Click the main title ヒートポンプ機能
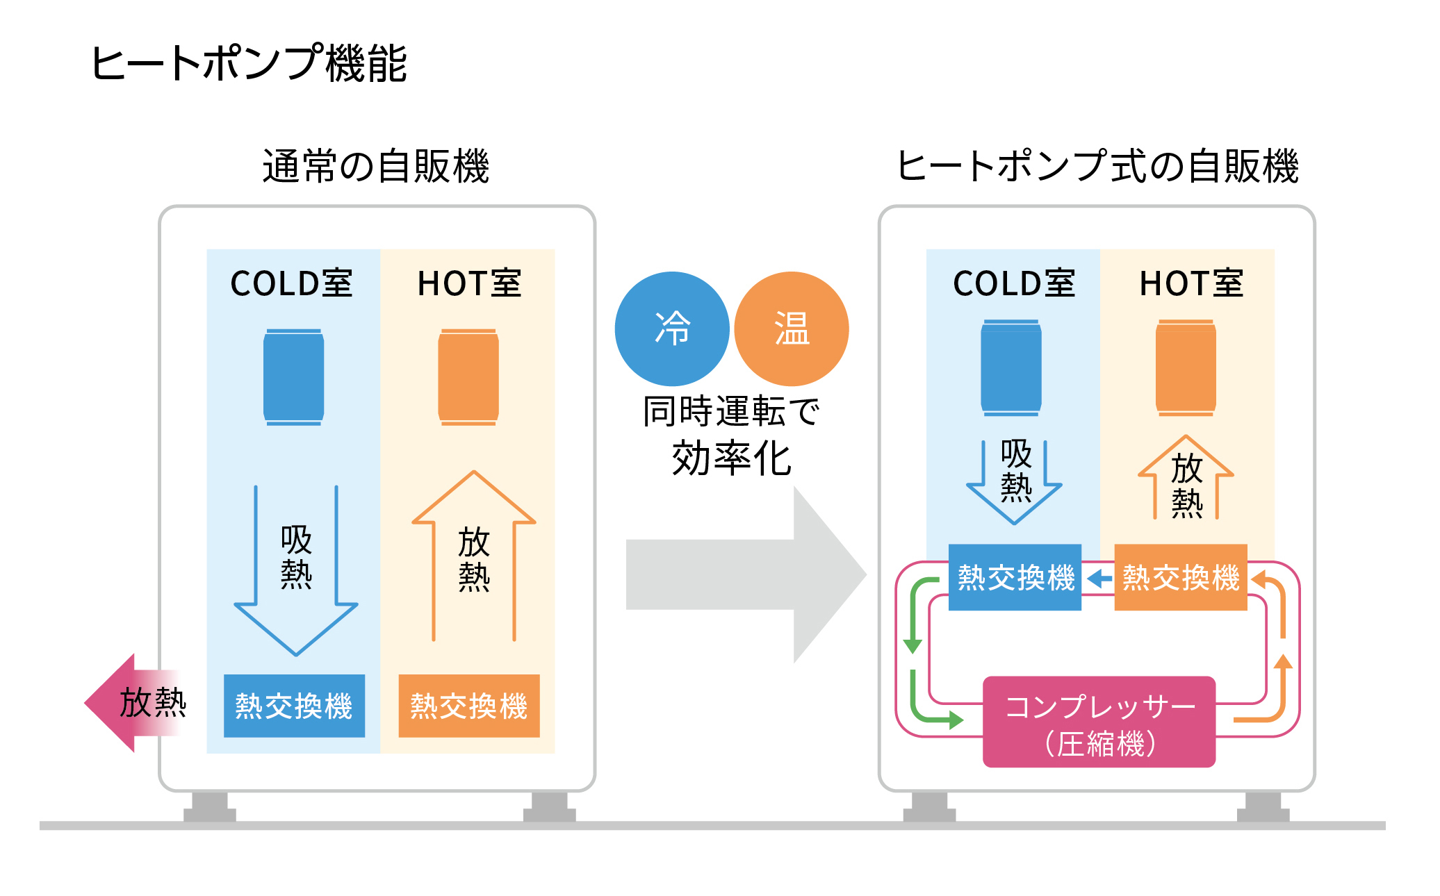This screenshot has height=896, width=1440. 248,63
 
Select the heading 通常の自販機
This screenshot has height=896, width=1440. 376,167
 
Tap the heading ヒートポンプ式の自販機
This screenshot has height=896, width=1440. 1097,167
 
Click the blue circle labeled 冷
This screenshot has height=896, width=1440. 672,329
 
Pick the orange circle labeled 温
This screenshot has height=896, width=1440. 792,329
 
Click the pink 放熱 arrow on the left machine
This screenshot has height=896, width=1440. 132,703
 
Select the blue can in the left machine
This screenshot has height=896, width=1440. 293,377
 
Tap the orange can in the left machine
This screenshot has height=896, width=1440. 468,377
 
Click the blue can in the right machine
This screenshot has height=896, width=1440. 1011,368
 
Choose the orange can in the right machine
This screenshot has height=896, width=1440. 1186,368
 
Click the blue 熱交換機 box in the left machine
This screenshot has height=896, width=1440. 294,706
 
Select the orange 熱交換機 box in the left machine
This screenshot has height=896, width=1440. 469,706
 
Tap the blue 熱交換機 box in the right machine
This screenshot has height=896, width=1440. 1015,577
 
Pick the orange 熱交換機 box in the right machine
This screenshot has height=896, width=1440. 1181,577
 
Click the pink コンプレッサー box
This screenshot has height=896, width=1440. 1099,722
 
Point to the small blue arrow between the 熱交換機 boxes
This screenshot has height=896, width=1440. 1099,579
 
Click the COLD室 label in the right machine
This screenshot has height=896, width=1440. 1013,283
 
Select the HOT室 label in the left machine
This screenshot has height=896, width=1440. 469,283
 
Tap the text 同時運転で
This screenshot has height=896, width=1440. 731,411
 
